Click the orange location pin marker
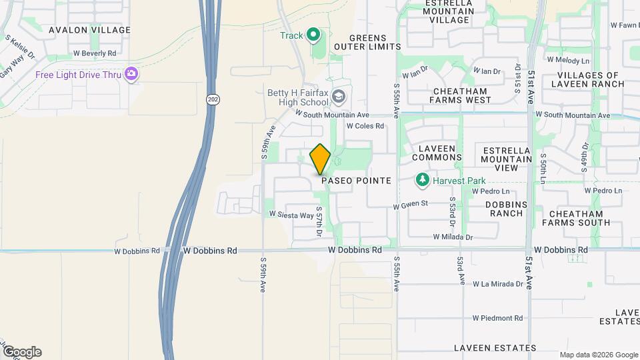(321, 159)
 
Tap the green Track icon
(312, 35)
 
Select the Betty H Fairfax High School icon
(339, 97)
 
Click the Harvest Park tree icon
(422, 179)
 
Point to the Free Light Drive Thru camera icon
(133, 73)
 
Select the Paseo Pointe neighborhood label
(356, 181)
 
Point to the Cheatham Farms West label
(460, 95)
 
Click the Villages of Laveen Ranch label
(591, 79)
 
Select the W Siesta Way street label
(291, 215)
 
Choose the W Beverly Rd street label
(95, 53)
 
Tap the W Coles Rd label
(365, 125)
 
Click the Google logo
(22, 351)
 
